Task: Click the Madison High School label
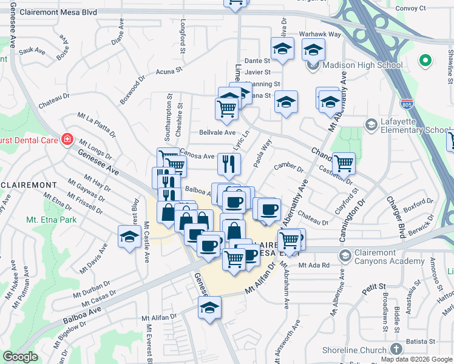[x=362, y=66]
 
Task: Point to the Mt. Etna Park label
[x=51, y=219]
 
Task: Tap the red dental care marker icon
[x=67, y=140]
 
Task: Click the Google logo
[x=21, y=357]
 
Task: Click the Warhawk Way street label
[x=320, y=35]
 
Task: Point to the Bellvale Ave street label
[x=217, y=132]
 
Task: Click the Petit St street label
[x=374, y=285]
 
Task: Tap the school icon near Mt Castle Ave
[x=129, y=237]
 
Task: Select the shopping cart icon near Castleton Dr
[x=344, y=162]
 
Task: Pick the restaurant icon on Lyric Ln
[x=229, y=163]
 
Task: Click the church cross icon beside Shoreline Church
[x=396, y=349]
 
